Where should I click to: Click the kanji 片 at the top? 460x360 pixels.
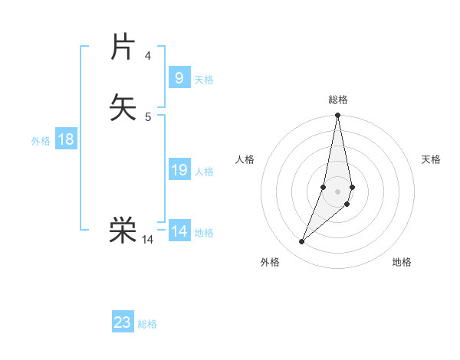[123, 47]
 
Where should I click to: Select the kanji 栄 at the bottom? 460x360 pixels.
[123, 229]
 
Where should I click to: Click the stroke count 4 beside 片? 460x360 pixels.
[147, 56]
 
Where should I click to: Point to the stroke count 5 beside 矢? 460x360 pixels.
[147, 116]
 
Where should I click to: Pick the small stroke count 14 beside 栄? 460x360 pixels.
[147, 240]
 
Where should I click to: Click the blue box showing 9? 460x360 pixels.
[179, 78]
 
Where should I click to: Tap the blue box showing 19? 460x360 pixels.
[179, 170]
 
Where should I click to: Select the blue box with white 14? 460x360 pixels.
[179, 231]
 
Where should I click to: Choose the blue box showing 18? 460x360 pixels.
[66, 139]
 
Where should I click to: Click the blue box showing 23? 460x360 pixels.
[123, 322]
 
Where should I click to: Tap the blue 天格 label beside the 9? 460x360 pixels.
[204, 80]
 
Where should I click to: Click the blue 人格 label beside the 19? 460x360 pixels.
[204, 172]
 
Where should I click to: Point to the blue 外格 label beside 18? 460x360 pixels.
[40, 141]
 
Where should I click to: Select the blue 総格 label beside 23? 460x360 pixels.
[147, 324]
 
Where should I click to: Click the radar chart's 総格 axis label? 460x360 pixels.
[338, 100]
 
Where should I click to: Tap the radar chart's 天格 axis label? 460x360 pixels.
[431, 159]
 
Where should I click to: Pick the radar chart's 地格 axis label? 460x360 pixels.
[402, 262]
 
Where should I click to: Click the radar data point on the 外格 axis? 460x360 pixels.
[301, 242]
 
